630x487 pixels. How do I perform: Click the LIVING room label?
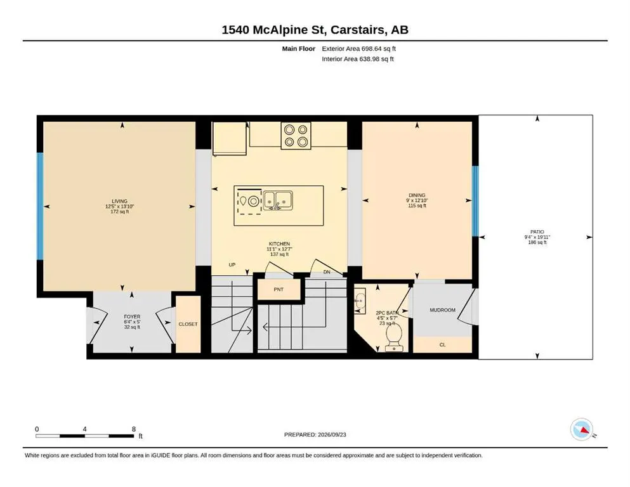pos(120,201)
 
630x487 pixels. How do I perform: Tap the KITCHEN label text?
pos(279,243)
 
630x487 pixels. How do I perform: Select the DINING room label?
pos(417,195)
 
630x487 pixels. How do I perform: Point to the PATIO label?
pos(537,231)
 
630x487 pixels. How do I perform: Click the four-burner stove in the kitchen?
pos(296,136)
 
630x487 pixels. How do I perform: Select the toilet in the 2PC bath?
pos(394,337)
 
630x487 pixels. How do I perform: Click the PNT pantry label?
pos(279,289)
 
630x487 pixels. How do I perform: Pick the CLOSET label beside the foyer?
pos(188,324)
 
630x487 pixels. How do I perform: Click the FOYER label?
pos(132,317)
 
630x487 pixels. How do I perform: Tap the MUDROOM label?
pos(442,310)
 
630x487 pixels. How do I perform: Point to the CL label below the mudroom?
pos(442,345)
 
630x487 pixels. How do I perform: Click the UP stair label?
pos(232,265)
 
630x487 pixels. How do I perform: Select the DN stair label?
pos(327,272)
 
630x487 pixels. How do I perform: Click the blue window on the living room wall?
pos(40,206)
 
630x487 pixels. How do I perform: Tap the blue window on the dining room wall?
pos(475,201)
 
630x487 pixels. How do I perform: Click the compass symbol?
pos(582,429)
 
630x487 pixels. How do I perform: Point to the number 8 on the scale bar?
pos(134,429)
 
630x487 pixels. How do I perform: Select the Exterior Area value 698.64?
pos(371,49)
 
